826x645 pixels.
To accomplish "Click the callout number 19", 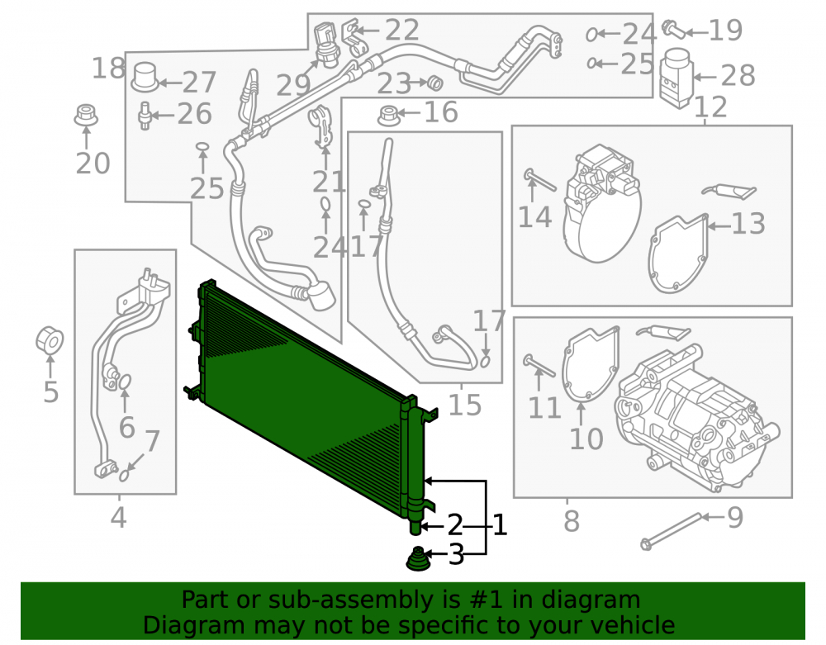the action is point(725,30).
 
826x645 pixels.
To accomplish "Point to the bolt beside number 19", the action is point(674,28).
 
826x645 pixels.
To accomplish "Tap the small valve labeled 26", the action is point(145,116).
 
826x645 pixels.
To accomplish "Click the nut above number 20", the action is point(86,116).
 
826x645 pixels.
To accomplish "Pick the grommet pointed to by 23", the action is point(435,83).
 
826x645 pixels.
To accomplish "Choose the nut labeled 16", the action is point(389,116).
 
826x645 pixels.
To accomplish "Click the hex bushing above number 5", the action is point(50,340).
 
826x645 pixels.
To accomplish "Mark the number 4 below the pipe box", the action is point(118,517).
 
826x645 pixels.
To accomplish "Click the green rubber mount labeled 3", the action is point(417,558).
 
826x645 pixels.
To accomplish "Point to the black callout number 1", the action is point(499,525).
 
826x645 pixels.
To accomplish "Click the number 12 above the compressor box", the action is point(710,107).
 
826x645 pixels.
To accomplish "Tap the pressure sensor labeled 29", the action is point(326,44).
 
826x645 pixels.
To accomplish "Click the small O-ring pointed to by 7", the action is point(125,476).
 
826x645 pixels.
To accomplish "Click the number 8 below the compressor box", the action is point(572,521).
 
